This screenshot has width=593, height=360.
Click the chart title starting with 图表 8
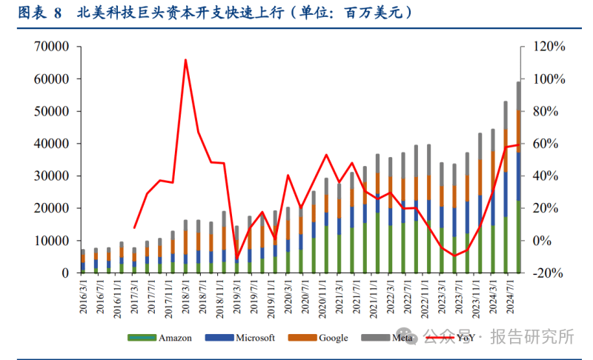click(215, 13)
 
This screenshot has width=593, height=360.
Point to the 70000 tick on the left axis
click(51, 47)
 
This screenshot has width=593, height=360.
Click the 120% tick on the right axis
click(549, 47)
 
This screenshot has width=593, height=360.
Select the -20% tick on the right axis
click(549, 273)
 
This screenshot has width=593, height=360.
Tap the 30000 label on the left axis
click(51, 176)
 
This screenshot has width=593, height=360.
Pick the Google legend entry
click(333, 338)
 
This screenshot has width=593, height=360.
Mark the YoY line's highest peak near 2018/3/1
click(185, 60)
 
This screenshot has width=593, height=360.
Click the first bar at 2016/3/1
click(83, 261)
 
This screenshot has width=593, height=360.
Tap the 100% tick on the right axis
click(549, 79)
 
